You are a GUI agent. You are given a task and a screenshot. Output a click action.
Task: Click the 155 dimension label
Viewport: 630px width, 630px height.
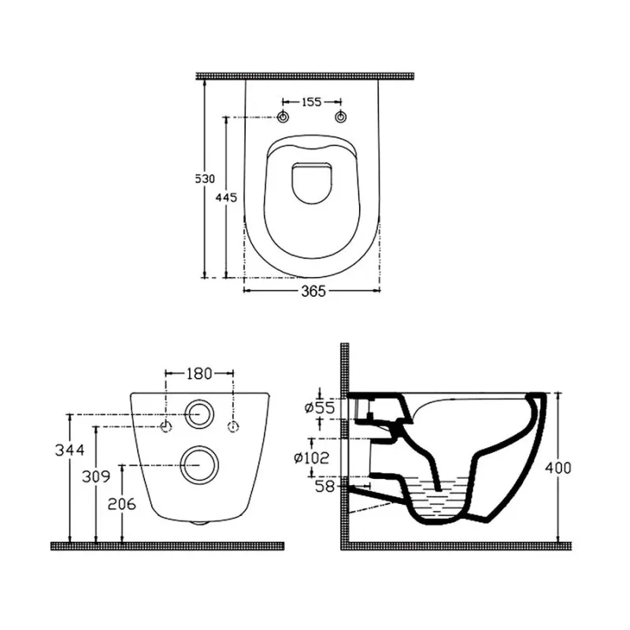[312, 102]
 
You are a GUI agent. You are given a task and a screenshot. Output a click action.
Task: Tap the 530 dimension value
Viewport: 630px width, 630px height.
[205, 179]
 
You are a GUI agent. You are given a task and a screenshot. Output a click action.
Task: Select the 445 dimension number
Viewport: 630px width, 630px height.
[226, 198]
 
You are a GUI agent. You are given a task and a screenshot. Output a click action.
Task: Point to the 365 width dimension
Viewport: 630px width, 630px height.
[313, 291]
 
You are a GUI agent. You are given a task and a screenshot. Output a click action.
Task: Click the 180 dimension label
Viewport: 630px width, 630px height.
[199, 374]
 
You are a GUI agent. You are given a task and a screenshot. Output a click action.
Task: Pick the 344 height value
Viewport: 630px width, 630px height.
[70, 450]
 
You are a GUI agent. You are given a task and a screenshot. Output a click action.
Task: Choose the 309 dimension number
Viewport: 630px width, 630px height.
[96, 476]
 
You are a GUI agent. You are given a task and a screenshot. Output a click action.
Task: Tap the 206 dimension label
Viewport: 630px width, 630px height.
[122, 504]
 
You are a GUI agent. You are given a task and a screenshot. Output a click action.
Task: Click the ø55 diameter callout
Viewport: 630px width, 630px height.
[320, 408]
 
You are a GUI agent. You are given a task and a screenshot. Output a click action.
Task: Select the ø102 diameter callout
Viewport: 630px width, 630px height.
[312, 458]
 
